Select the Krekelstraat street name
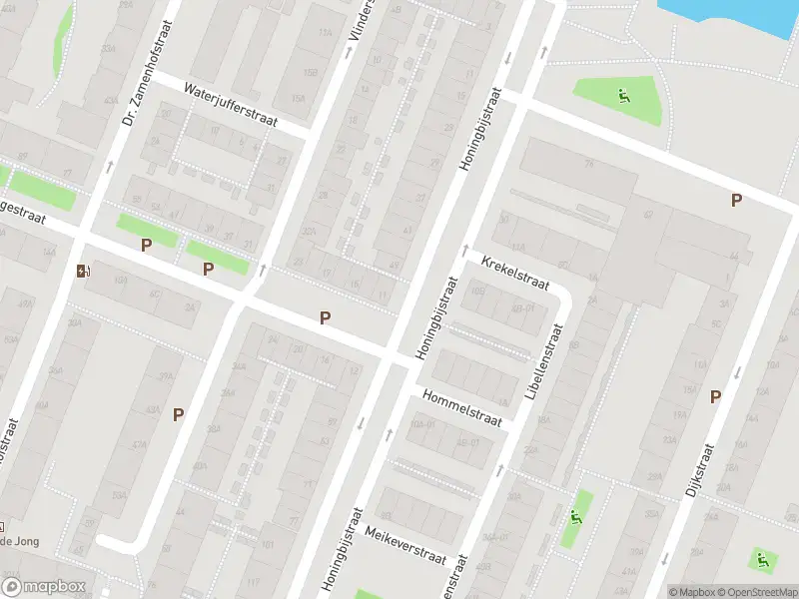click(515, 273)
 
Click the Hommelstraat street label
click(460, 408)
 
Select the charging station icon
click(82, 271)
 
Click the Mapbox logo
click(42, 587)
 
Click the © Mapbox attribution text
click(692, 591)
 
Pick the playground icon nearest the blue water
click(624, 97)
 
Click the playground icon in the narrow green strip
click(575, 516)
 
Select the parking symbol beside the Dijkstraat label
click(715, 397)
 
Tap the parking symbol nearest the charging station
click(146, 245)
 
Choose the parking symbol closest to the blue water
click(736, 201)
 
